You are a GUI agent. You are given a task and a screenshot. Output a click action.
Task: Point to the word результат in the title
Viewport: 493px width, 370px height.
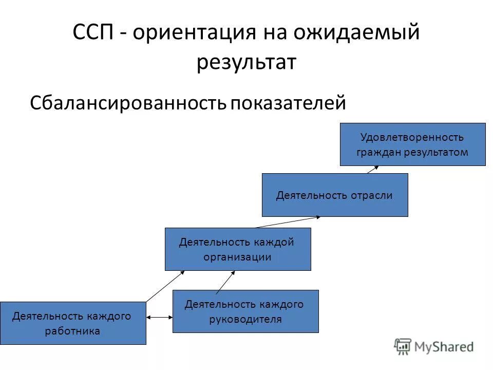click(x=246, y=63)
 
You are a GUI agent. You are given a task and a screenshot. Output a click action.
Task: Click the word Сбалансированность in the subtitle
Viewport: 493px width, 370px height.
click(x=128, y=103)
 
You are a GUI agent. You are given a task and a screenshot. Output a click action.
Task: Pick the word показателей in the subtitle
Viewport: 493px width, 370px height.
click(x=288, y=103)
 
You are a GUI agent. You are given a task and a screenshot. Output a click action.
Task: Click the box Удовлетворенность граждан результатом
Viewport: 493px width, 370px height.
click(x=412, y=144)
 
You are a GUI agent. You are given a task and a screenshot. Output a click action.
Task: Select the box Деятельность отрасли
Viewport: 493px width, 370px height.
click(x=335, y=195)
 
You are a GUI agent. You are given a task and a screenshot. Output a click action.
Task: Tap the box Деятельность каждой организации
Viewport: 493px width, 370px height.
click(x=237, y=249)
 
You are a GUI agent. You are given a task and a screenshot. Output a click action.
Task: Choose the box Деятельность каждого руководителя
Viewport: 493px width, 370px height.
click(x=245, y=311)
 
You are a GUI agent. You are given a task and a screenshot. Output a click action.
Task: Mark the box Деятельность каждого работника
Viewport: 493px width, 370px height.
click(x=72, y=323)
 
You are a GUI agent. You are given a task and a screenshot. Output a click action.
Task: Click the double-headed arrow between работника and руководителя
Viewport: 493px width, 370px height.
click(x=159, y=318)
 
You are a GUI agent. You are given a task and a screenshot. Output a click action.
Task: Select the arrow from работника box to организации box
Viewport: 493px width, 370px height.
click(x=165, y=286)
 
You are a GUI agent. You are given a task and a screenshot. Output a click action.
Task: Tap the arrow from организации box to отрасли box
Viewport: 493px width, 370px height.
click(x=288, y=221)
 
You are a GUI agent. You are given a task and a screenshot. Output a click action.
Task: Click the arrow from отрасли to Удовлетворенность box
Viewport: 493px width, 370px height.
click(x=373, y=169)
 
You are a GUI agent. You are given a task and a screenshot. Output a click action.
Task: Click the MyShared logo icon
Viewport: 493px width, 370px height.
click(x=404, y=346)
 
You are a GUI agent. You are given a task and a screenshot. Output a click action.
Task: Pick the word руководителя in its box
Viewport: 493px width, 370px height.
click(x=245, y=319)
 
